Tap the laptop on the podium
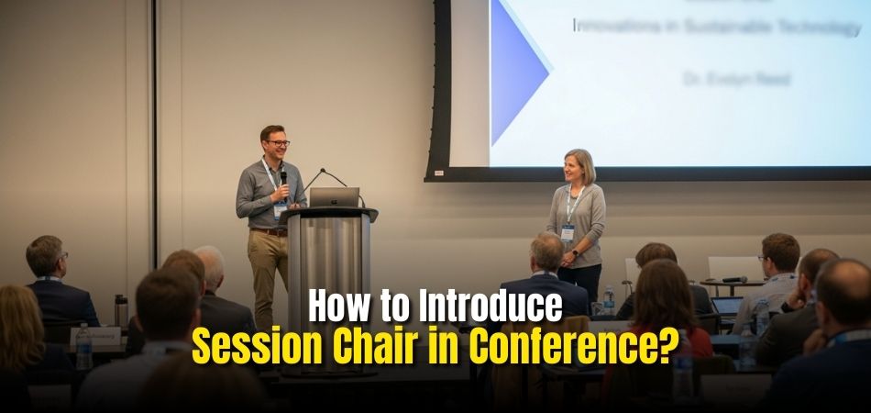coord(334,197)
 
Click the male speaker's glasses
coord(275,143)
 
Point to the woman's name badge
coord(568,232)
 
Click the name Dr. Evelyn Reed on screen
coord(735,79)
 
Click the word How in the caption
coord(341,307)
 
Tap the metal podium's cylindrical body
coord(329,266)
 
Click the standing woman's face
coord(579,169)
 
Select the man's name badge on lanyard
coord(279,209)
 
